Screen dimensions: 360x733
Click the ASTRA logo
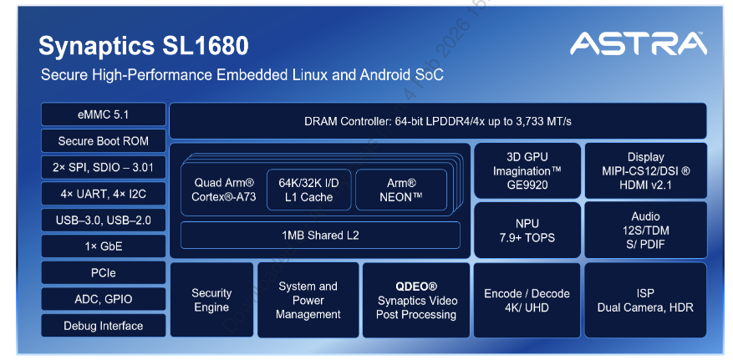point(638,44)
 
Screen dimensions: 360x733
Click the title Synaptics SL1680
point(144,45)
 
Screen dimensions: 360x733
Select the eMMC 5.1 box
point(103,114)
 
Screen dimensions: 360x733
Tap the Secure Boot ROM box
point(103,141)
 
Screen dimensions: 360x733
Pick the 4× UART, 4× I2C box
point(103,194)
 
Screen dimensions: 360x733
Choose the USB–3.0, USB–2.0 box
point(103,221)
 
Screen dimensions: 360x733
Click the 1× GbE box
point(103,246)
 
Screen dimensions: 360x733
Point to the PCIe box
point(103,273)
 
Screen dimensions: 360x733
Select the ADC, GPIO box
point(103,299)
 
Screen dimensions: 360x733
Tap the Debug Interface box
point(103,326)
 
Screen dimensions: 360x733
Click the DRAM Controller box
point(437,121)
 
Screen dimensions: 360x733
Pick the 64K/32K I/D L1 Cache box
point(308,190)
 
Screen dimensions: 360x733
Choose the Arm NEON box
point(400,190)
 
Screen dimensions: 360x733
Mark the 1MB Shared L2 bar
point(320,235)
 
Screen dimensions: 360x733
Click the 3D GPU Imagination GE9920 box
point(527,170)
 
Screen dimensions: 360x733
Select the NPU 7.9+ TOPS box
point(527,231)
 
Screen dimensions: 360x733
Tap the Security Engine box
point(211,300)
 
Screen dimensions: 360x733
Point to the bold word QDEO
point(416,286)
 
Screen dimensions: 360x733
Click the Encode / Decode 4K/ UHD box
point(527,300)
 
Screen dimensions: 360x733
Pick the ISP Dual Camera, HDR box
point(645,300)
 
